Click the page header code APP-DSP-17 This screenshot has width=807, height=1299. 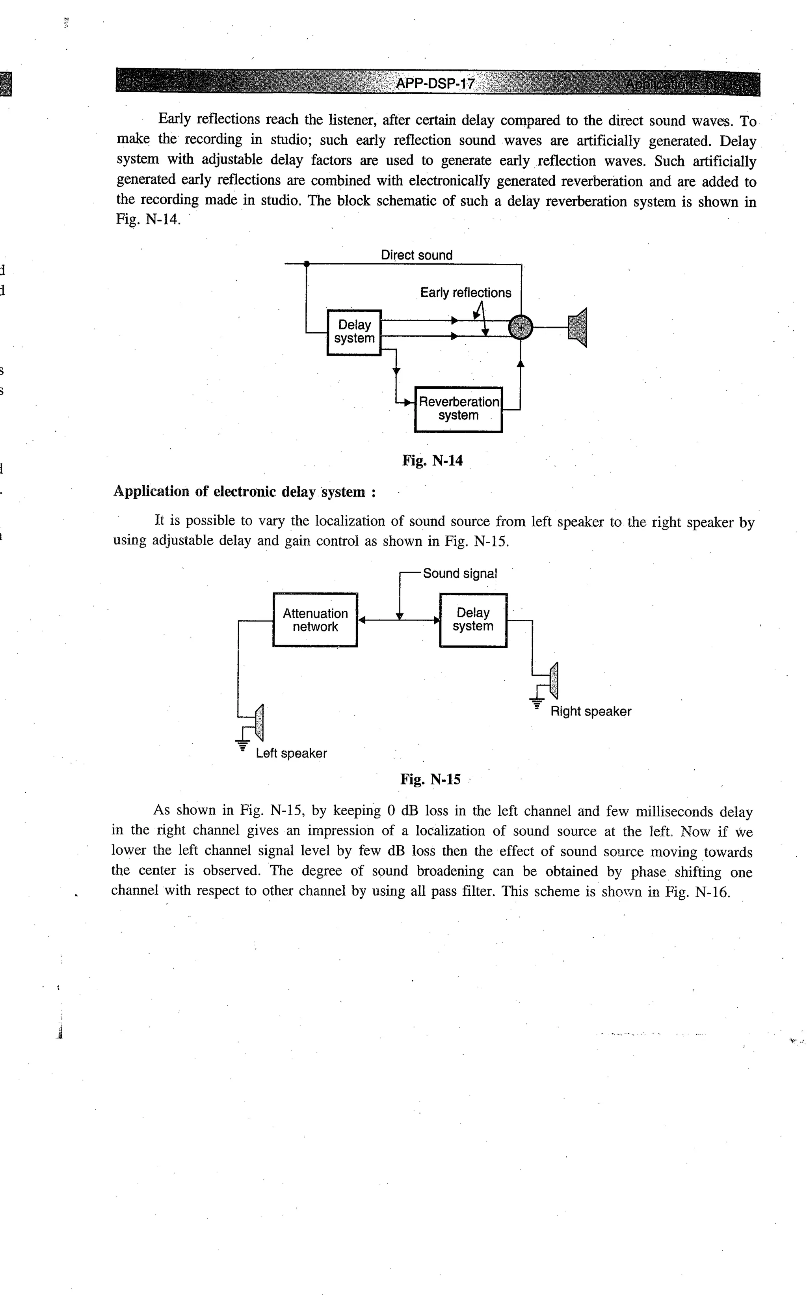pos(435,84)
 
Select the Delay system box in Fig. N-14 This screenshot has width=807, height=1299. pos(354,332)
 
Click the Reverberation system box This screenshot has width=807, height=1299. pos(459,409)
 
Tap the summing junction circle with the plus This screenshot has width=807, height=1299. pos(521,327)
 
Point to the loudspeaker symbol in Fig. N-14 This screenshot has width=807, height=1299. pos(578,327)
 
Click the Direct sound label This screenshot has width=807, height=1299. pos(417,255)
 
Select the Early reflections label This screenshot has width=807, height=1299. pos(465,293)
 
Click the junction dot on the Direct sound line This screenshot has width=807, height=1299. pos(306,264)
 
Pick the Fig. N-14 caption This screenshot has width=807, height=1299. pos(432,460)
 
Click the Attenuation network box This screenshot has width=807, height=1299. pos(315,620)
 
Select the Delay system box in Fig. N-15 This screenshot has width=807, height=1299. pos(473,620)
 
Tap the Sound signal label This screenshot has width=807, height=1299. pos(459,574)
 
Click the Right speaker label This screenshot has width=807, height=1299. pos(590,711)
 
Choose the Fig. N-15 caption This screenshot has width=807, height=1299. pos(430,779)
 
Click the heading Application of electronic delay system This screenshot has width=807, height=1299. pos(244,492)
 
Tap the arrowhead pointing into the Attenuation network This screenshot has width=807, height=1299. pos(361,620)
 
